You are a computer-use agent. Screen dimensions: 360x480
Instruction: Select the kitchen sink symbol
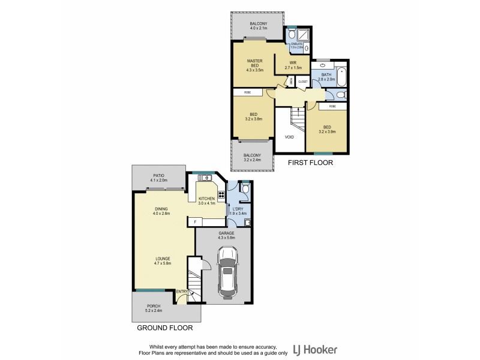point(206,178)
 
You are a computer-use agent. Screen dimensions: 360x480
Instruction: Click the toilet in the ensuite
point(292,35)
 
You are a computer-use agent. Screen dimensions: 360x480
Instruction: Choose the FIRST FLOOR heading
point(310,163)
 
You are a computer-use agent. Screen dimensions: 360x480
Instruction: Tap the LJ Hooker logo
point(315,349)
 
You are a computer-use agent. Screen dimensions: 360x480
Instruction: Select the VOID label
point(289,137)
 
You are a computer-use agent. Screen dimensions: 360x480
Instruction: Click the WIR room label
point(293,62)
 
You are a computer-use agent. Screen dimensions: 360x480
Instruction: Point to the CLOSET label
point(302,81)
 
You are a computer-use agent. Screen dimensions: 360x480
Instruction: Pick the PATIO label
point(158,175)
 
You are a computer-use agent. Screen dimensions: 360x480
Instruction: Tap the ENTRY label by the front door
point(181,292)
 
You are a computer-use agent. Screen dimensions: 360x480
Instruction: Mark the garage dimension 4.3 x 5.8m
point(226,238)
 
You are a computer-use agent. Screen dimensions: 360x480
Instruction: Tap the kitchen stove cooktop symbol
point(221,194)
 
